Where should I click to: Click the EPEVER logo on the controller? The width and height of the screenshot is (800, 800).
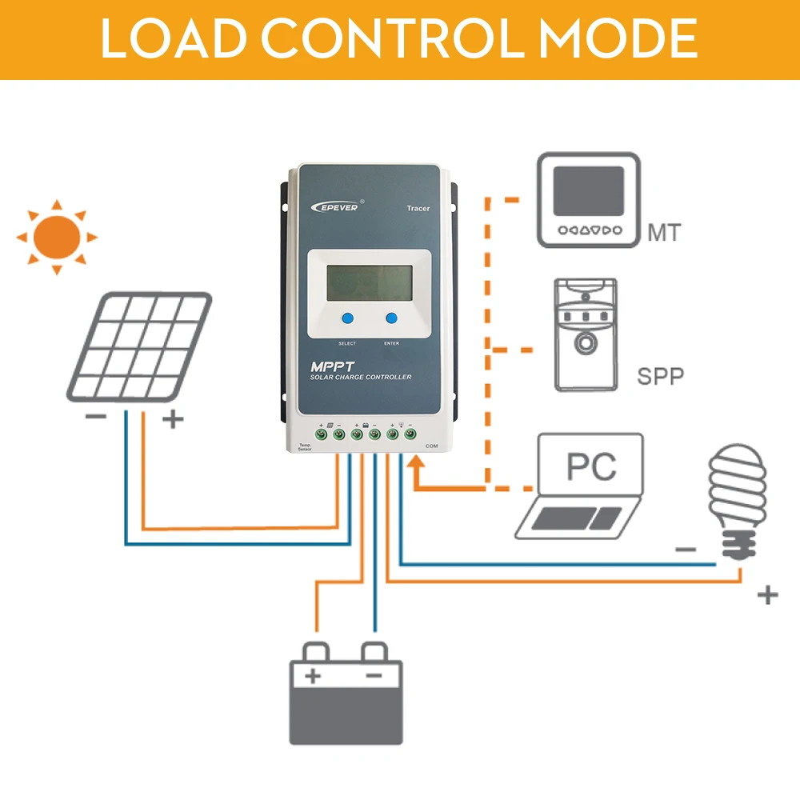pyautogui.click(x=336, y=206)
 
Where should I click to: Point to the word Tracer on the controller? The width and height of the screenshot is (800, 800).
pyautogui.click(x=418, y=209)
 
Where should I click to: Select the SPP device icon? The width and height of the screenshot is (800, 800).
pyautogui.click(x=586, y=334)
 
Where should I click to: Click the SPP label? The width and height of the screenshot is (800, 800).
pyautogui.click(x=661, y=376)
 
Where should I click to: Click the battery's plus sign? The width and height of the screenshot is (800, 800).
pyautogui.click(x=313, y=676)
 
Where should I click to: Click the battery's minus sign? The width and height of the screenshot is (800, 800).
pyautogui.click(x=373, y=676)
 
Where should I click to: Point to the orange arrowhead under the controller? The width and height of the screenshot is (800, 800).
pyautogui.click(x=416, y=466)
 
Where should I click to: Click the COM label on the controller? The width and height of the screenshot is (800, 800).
pyautogui.click(x=432, y=446)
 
